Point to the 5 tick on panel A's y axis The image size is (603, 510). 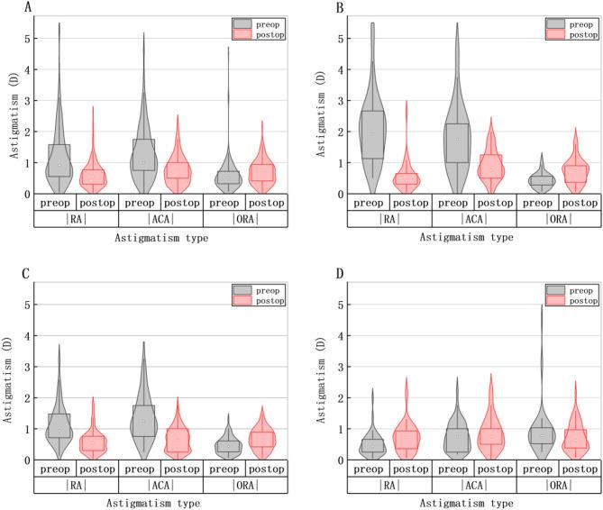pos(27,39)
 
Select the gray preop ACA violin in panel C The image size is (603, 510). pos(142,414)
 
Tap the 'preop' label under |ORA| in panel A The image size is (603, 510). pos(225,203)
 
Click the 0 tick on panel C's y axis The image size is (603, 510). pos(27,460)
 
